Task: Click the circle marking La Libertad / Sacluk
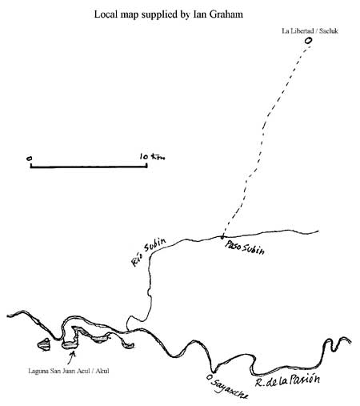click(308, 41)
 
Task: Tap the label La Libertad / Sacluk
click(310, 31)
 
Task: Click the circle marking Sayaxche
click(210, 377)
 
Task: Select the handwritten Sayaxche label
click(230, 388)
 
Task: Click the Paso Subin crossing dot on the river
click(222, 236)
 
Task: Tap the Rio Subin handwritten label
click(148, 252)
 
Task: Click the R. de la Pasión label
click(287, 380)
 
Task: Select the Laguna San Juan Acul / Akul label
click(69, 371)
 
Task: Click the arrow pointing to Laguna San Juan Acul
click(71, 358)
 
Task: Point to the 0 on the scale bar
click(29, 159)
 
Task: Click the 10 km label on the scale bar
click(152, 157)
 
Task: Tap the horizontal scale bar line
click(89, 167)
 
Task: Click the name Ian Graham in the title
click(218, 14)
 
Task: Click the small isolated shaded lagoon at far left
click(44, 344)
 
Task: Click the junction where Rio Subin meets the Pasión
click(127, 331)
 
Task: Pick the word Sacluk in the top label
click(329, 31)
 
